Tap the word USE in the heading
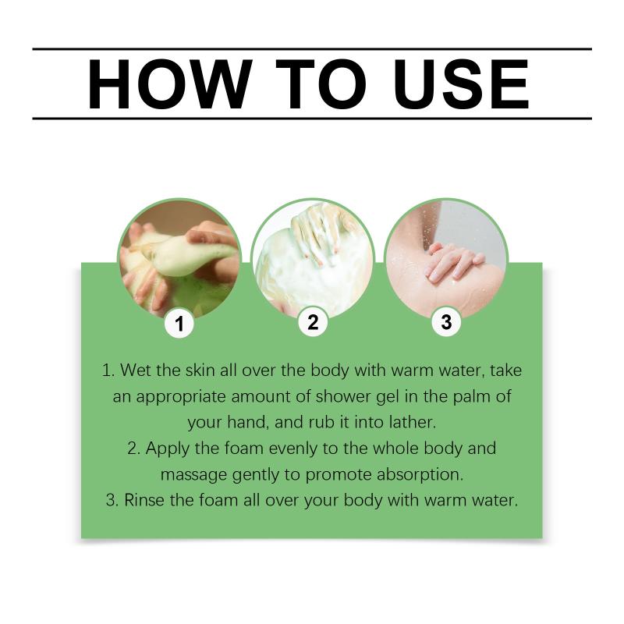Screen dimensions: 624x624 (461, 84)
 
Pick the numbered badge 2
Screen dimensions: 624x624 (314, 322)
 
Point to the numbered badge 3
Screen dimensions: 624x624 (446, 321)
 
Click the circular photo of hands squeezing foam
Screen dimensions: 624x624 (179, 260)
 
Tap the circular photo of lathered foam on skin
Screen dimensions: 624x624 (314, 260)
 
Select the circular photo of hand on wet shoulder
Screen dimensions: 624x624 (446, 260)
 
